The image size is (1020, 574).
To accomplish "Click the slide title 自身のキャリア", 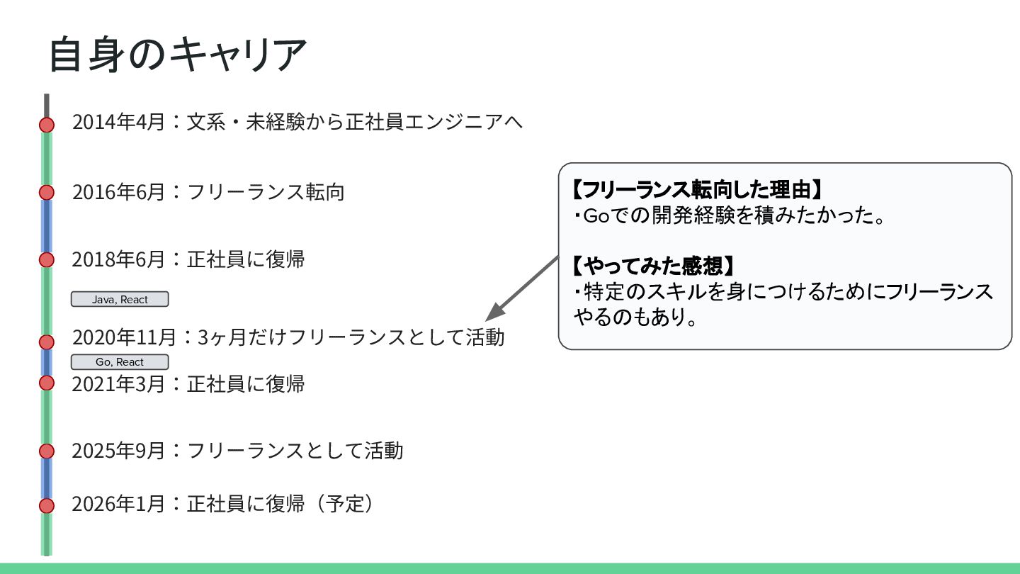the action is pos(177,54).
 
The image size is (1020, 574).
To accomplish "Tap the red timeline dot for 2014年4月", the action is pos(47,125).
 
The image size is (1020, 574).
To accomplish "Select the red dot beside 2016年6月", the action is pos(47,192).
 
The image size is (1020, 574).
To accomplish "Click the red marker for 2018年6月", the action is pos(47,259).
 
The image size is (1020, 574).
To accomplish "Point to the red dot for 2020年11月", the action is pos(47,342).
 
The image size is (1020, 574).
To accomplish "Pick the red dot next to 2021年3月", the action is pos(47,383).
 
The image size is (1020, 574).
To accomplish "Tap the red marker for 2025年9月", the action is pos(47,451).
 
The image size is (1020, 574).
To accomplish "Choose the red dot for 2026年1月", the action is pos(47,505).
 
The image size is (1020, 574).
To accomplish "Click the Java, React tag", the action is pos(120,299).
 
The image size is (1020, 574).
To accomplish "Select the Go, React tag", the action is pos(120,362).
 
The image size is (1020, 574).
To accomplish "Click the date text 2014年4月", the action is pos(118,122).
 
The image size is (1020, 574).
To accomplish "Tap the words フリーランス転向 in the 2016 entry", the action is pos(266,192).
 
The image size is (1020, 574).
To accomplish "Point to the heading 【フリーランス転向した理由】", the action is pos(698,189).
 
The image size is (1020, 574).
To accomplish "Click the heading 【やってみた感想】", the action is pos(653,266).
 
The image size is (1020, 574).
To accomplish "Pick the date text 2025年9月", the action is pos(118,451).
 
